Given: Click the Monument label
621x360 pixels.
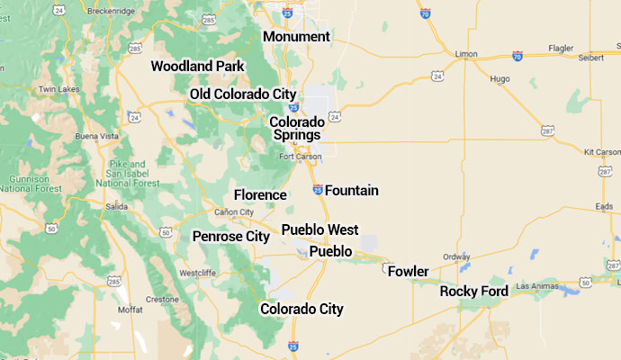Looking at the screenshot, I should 296,37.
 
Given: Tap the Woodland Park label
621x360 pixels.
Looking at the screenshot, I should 197,66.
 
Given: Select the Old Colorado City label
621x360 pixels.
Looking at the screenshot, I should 243,94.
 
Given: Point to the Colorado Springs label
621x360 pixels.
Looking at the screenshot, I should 297,128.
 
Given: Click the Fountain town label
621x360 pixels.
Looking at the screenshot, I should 352,191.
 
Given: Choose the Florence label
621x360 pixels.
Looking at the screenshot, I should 260,194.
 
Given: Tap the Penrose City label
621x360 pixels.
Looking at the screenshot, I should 231,237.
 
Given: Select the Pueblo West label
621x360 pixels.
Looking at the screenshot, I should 319,230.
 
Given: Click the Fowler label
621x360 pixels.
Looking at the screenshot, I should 408,271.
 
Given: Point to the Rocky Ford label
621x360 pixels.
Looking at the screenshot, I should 474,292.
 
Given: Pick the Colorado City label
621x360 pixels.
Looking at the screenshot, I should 301,310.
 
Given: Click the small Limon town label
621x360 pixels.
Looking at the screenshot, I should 466,54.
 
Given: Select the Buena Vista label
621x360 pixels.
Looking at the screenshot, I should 97,136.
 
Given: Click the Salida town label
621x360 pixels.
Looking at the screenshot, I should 116,206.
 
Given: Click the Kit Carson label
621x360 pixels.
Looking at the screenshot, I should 601,152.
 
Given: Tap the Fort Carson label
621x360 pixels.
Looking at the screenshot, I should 300,157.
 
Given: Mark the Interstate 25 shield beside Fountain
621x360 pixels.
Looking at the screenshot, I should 318,189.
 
